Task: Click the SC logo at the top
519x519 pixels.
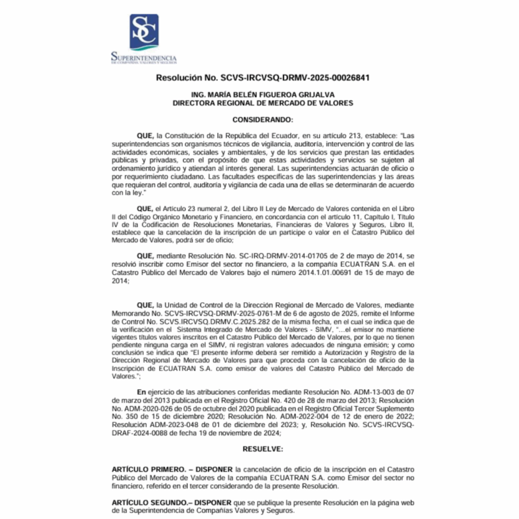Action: tap(143, 31)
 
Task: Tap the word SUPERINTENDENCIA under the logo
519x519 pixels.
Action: tap(144, 59)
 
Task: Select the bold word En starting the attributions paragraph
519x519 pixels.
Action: tap(141, 392)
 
